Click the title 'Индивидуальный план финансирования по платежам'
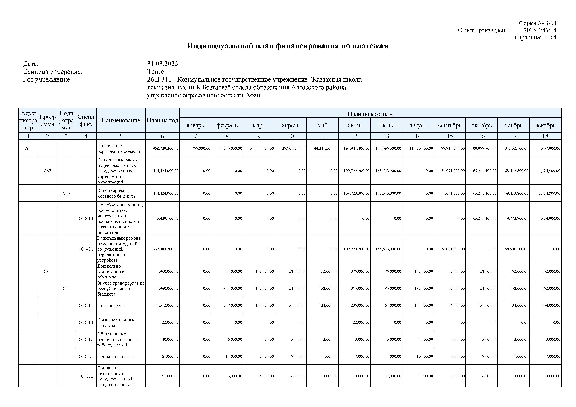tap(288, 46)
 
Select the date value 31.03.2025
tap(163, 64)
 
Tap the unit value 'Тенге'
tap(155, 72)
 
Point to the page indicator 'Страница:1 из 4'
tap(535, 37)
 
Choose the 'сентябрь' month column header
tap(450, 125)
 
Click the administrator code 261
tap(28, 149)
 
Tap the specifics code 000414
tap(86, 218)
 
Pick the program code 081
tap(47, 271)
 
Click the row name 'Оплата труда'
tap(111, 306)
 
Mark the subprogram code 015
tap(66, 193)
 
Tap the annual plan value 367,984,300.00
tap(166, 249)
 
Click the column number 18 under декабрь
tap(545, 136)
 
